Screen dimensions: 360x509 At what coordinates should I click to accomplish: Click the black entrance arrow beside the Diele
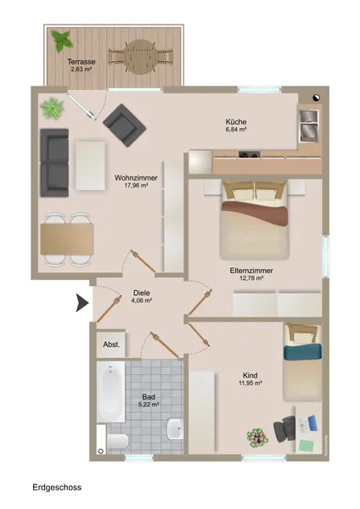[x=82, y=303]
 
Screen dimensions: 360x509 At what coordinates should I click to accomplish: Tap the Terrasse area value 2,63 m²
[x=81, y=70]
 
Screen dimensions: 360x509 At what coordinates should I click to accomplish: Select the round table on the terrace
[x=140, y=57]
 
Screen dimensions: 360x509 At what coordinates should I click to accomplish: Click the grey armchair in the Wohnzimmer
[x=124, y=125]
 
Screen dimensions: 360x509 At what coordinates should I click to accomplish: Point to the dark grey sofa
[x=54, y=163]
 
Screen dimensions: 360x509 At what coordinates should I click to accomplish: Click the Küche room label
[x=236, y=121]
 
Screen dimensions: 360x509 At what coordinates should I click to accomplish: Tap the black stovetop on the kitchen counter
[x=250, y=154]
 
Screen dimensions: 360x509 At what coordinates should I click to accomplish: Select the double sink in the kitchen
[x=309, y=126]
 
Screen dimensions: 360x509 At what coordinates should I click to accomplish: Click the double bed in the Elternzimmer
[x=254, y=221]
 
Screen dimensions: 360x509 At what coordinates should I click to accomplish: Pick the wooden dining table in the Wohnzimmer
[x=67, y=239]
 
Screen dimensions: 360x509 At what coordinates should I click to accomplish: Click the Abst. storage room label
[x=111, y=344]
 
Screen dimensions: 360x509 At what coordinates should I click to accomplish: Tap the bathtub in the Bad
[x=110, y=392]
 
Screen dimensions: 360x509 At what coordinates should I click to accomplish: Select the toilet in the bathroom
[x=118, y=441]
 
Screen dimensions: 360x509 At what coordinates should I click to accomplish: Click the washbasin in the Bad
[x=175, y=428]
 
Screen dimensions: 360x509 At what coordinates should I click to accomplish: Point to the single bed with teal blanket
[x=302, y=362]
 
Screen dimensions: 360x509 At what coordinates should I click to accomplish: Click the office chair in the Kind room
[x=284, y=429]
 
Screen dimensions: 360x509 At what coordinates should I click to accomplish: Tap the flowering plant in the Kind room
[x=257, y=438]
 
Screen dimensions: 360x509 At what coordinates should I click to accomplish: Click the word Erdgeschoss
[x=57, y=487]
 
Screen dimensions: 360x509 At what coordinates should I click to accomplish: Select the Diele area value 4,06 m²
[x=142, y=300]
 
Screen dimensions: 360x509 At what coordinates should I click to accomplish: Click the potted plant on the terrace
[x=62, y=40]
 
